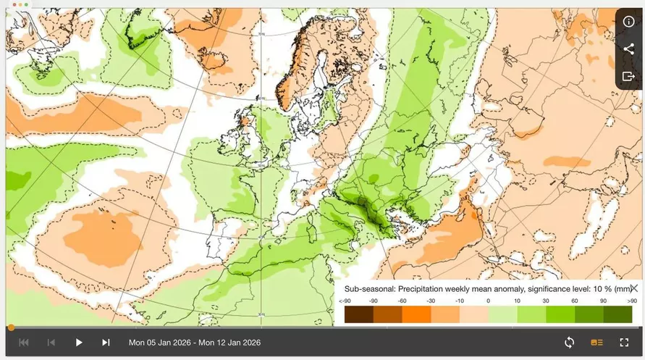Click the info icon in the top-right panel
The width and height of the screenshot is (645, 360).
pos(628,21)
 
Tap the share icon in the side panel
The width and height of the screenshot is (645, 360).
pos(628,49)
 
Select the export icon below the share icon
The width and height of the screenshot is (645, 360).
pos(628,76)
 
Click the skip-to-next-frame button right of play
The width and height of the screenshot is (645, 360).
pos(106,343)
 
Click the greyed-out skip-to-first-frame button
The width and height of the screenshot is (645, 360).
pos(23,343)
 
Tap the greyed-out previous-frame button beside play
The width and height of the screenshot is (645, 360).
pos(51,343)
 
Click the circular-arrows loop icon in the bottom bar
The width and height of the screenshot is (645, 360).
pos(569,343)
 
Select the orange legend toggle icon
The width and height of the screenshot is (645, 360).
pos(596,343)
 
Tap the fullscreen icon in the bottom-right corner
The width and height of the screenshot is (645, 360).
pos(624,343)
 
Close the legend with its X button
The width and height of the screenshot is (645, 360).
pos(633,288)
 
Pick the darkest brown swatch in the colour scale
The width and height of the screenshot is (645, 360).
pos(358,314)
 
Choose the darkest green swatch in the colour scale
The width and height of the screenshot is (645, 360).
pos(617,314)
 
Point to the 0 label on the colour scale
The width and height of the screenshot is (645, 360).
pos(488,301)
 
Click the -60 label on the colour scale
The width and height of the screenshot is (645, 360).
pos(402,301)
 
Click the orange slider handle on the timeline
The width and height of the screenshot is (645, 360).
pos(10,327)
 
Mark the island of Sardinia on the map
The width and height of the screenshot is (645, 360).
pos(313,234)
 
